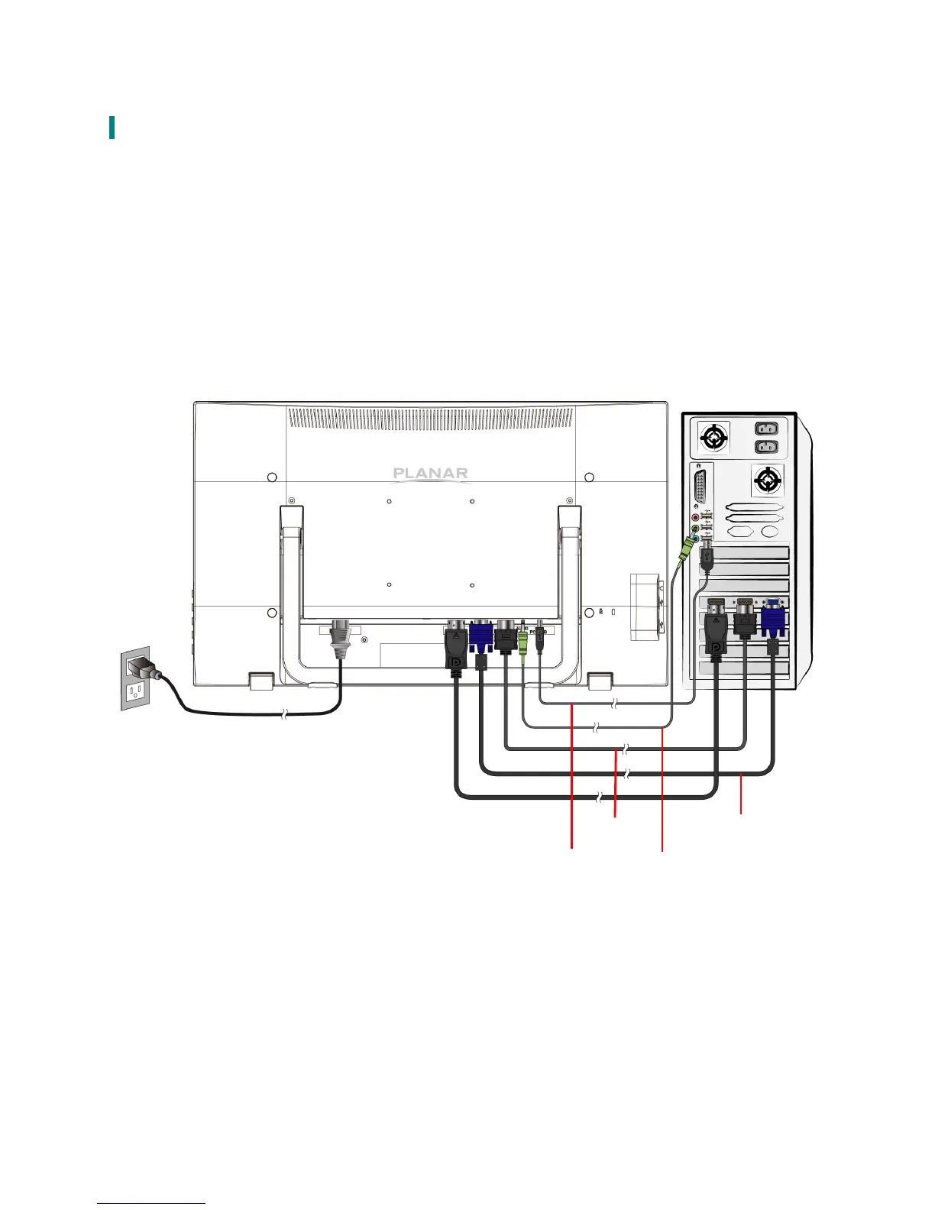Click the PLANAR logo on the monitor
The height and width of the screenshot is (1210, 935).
pos(430,473)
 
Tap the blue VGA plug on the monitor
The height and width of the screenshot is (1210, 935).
pos(480,638)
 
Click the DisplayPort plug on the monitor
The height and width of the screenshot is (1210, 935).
pos(456,645)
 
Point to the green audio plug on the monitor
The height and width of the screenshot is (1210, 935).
pos(523,642)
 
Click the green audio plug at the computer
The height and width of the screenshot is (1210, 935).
pos(690,545)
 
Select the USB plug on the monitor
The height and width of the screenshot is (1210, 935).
pos(540,638)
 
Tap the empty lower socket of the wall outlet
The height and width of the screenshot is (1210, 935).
pos(136,692)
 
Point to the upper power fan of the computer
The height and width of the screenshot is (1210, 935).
pos(713,438)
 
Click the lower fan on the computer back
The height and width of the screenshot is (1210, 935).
pos(767,480)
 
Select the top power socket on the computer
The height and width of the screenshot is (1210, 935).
pos(767,429)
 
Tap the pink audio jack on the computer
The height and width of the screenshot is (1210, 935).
pos(695,517)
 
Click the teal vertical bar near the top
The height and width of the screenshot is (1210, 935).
pos(112,128)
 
